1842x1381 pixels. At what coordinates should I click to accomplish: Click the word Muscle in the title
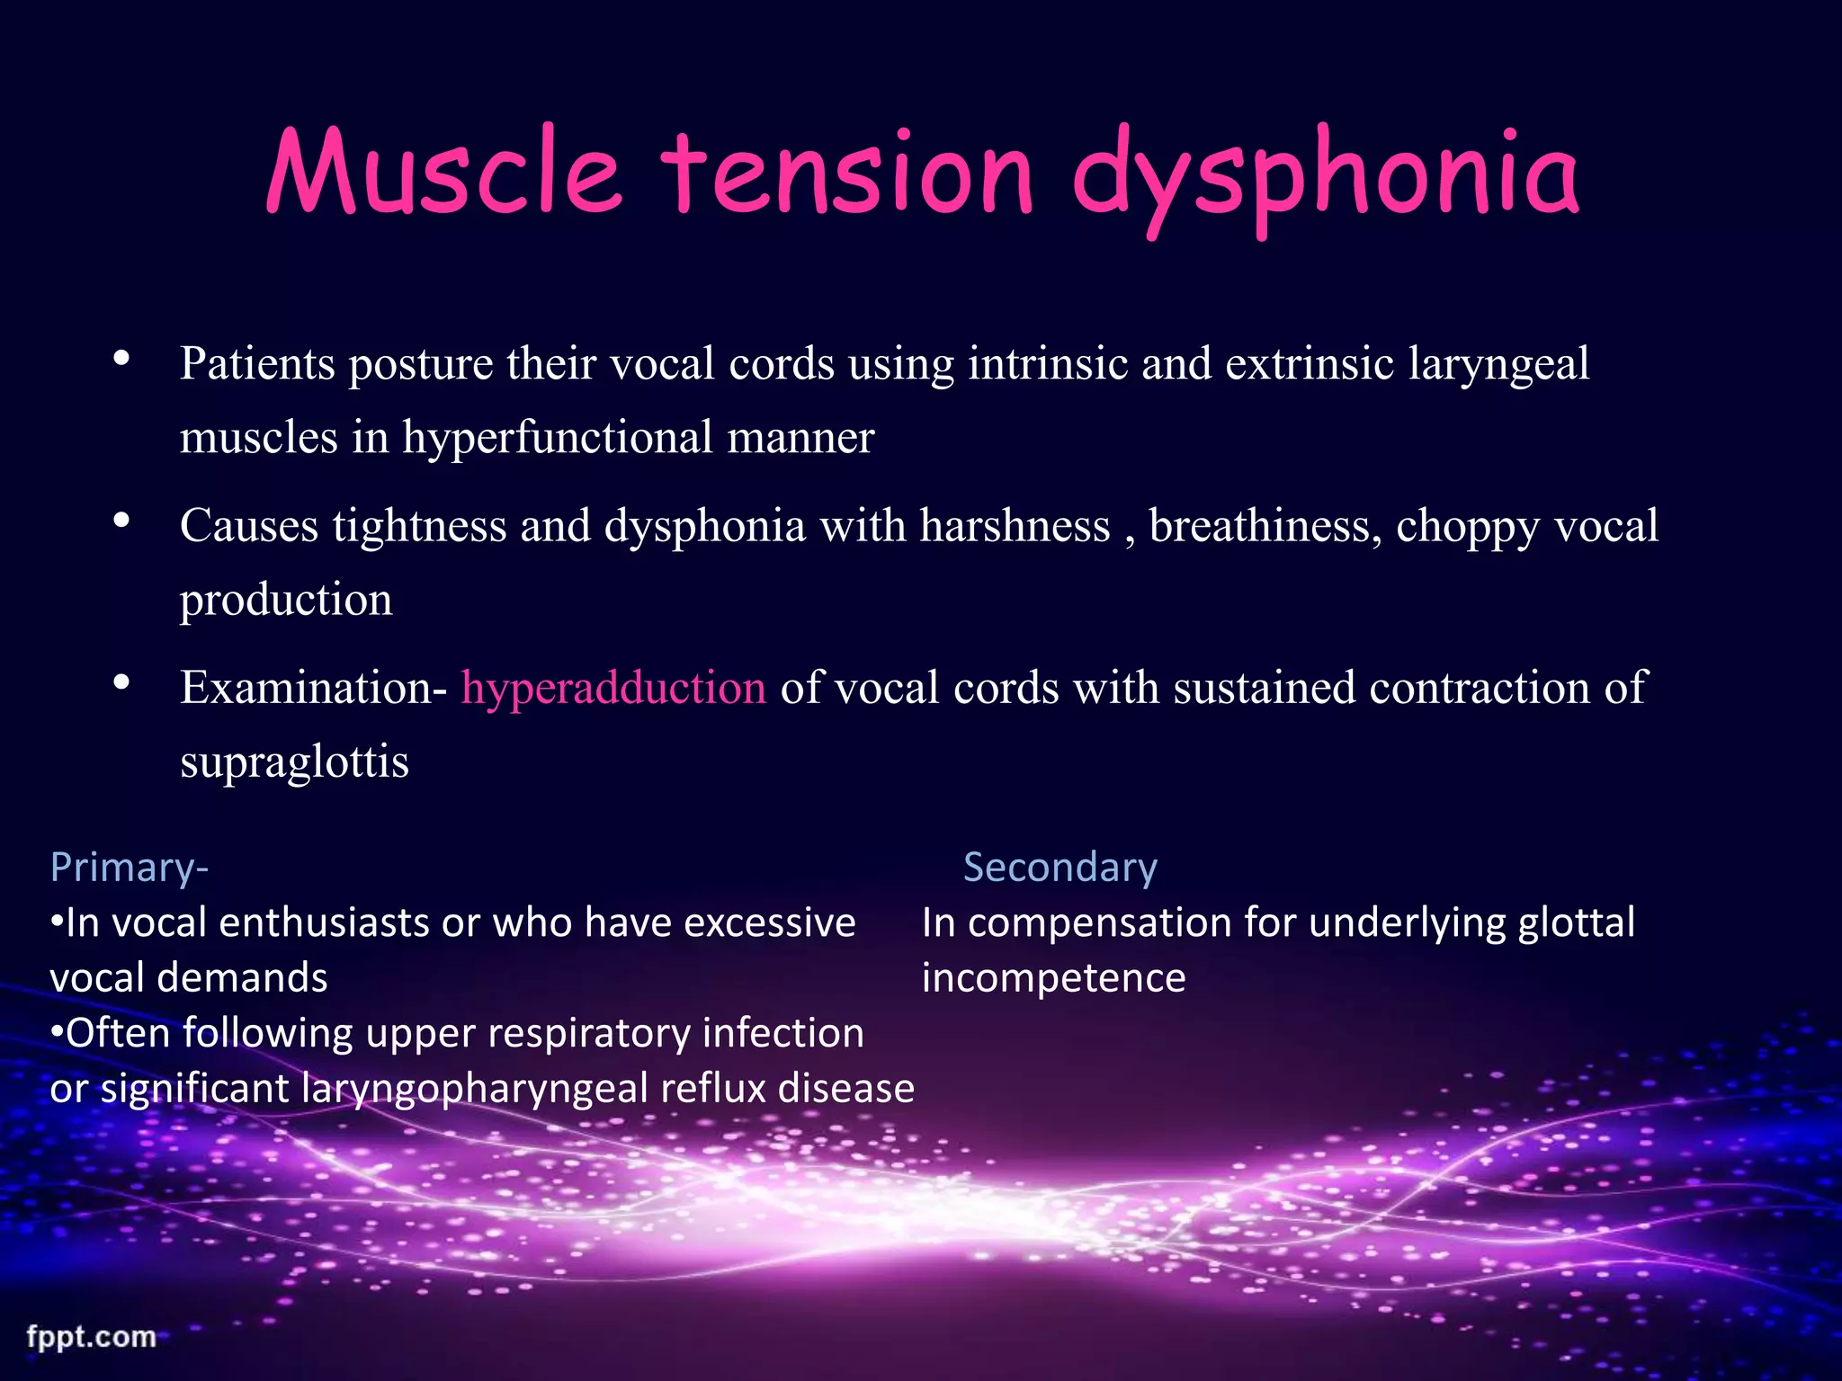point(443,174)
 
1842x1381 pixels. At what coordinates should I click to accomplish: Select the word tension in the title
point(846,174)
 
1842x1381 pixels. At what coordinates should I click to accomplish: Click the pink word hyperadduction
point(613,688)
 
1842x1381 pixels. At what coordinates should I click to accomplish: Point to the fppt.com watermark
point(91,1336)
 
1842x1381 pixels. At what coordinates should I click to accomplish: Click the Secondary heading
point(1060,868)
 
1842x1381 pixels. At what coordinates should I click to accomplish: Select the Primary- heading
point(130,868)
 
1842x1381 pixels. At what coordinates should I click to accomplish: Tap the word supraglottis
point(294,762)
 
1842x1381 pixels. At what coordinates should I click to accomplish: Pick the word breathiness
point(1265,526)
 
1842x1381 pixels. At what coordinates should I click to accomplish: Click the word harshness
point(1015,526)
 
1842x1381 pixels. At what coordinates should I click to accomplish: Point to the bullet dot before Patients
point(122,360)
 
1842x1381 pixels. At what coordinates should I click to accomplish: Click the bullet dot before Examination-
point(122,683)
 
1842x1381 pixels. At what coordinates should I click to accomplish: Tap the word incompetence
point(1053,978)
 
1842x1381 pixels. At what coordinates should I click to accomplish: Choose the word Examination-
point(312,688)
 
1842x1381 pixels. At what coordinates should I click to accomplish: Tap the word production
point(286,600)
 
